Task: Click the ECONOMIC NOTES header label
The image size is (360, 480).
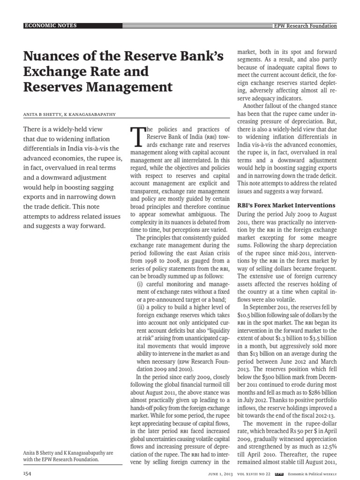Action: [51, 25]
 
